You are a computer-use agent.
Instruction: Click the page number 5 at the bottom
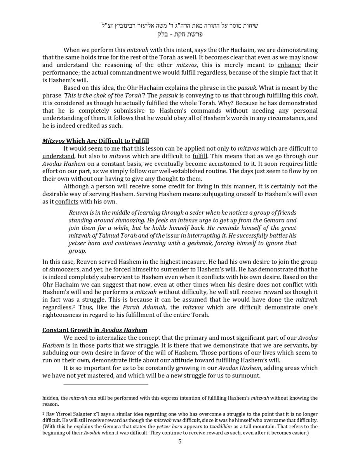[x=180, y=441]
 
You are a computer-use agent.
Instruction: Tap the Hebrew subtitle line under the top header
[x=180, y=34]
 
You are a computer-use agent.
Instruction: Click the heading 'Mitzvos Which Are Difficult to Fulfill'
[x=96, y=141]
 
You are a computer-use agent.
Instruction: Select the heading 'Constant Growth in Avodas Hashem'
[x=95, y=330]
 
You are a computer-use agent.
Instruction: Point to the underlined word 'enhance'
[x=289, y=65]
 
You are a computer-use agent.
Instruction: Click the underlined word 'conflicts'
[x=67, y=202]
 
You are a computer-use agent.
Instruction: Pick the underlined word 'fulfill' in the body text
[x=200, y=156]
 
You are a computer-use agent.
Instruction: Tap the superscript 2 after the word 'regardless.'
[x=74, y=306]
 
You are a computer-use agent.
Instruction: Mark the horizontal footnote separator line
[x=106, y=384]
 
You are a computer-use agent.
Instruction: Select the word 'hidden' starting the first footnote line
[x=50, y=398]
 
